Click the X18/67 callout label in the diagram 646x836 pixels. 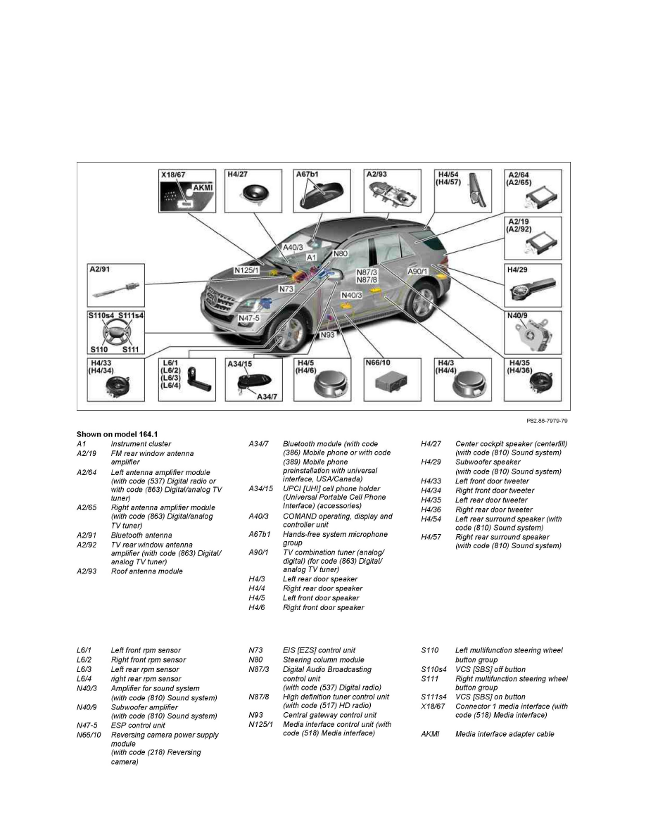point(175,175)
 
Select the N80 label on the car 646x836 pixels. point(341,253)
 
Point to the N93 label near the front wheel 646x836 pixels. point(327,335)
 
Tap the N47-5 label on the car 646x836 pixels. point(249,318)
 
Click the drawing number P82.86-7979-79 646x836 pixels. point(547,421)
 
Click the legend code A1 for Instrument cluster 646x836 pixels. point(81,444)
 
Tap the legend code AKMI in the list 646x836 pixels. point(429,734)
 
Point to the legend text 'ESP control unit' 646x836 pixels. point(138,726)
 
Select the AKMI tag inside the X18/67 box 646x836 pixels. point(202,188)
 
